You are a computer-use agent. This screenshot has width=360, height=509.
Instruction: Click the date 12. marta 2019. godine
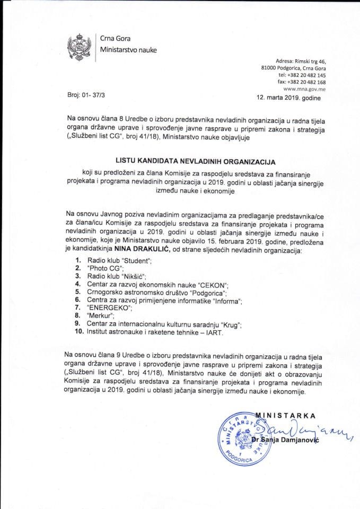pos(287,99)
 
